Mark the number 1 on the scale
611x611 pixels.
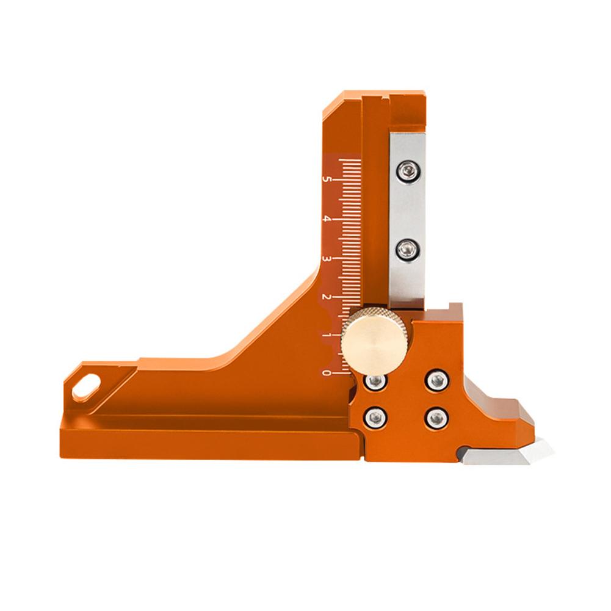click(328, 336)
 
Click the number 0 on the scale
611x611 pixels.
click(328, 372)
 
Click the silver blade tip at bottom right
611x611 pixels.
click(537, 452)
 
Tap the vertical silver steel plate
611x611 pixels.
click(407, 211)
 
